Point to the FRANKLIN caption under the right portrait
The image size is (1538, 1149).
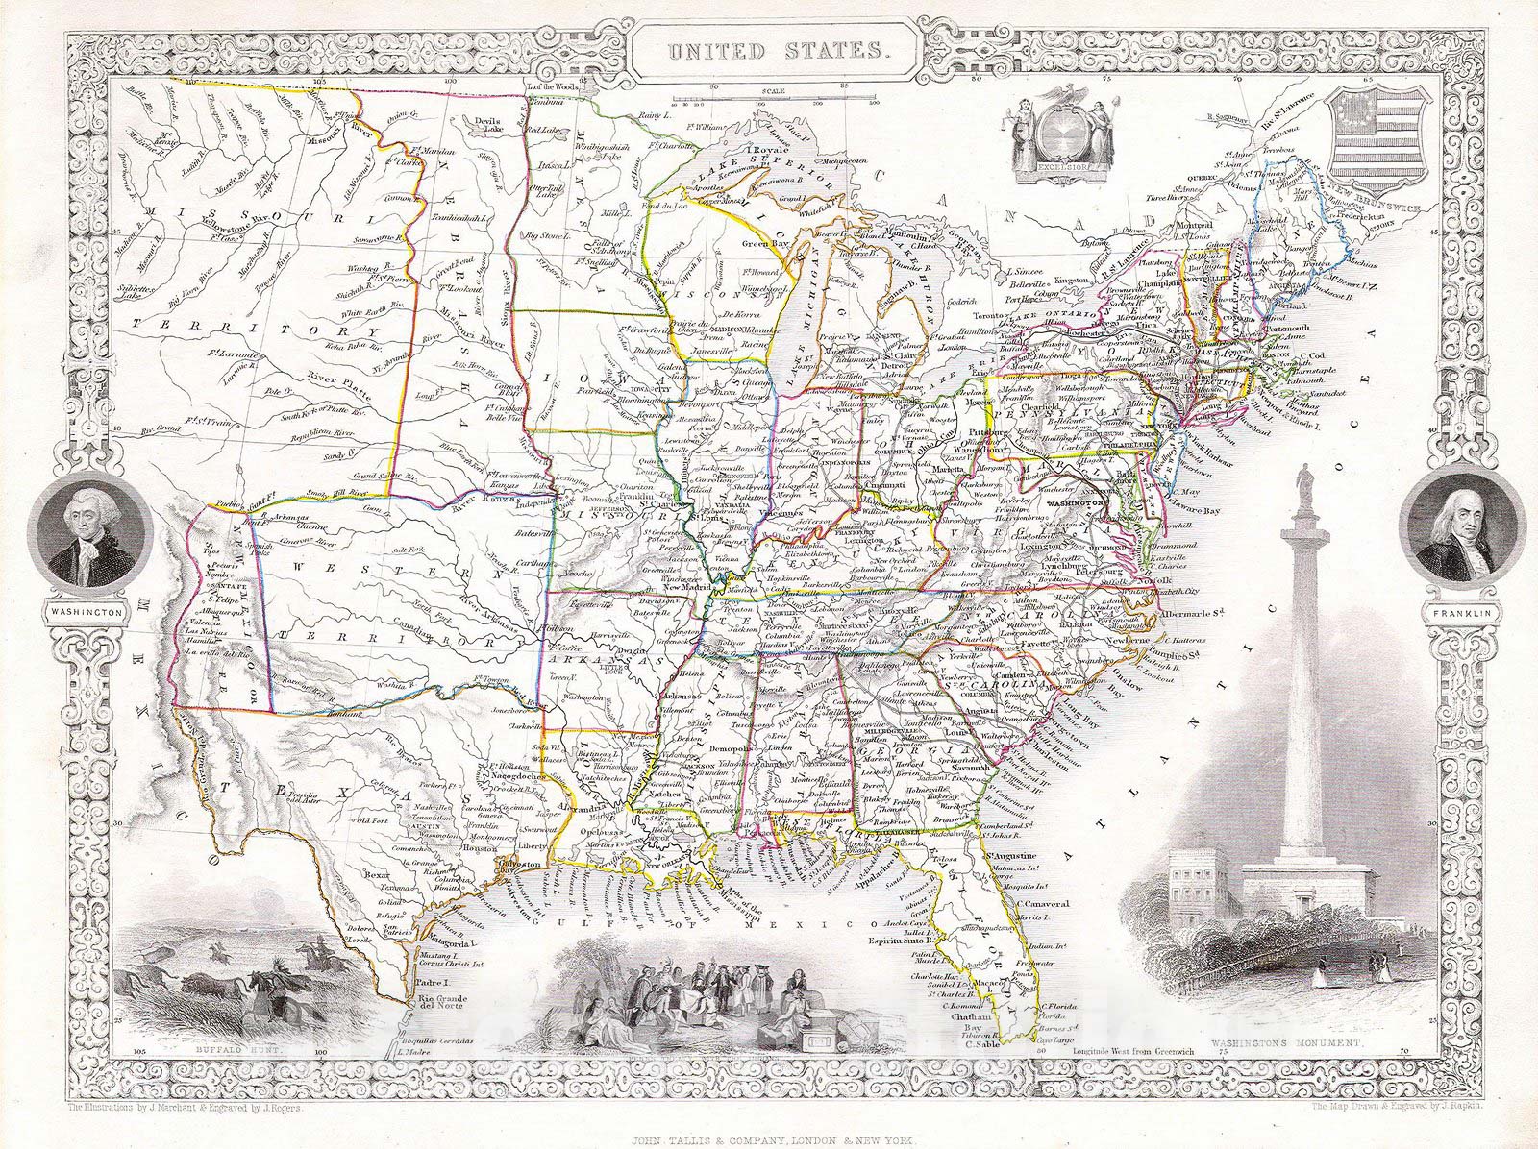point(1456,611)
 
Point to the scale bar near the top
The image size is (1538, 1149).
point(775,97)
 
